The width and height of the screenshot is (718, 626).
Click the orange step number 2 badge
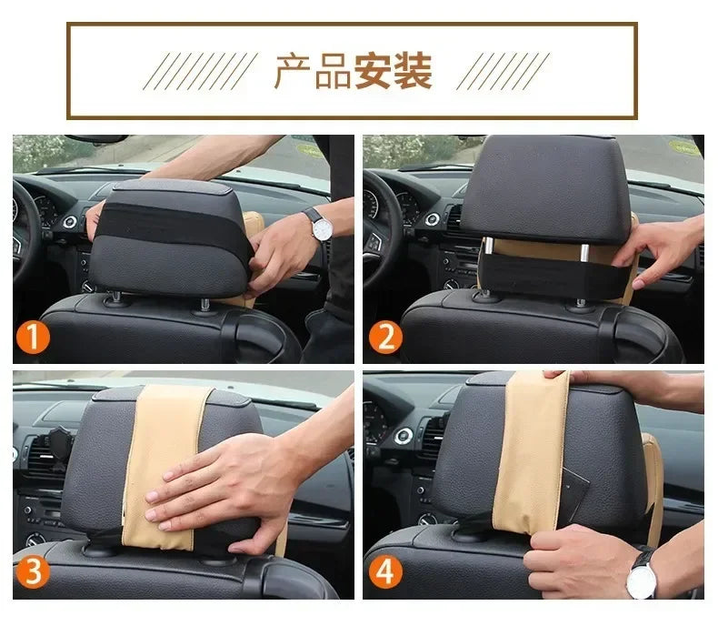(x=384, y=339)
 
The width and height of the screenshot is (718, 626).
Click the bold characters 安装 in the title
(x=393, y=71)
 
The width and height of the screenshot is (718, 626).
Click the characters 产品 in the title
(x=312, y=71)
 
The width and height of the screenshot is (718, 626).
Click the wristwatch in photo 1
(x=319, y=225)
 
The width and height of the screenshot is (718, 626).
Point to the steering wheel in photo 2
(x=374, y=227)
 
